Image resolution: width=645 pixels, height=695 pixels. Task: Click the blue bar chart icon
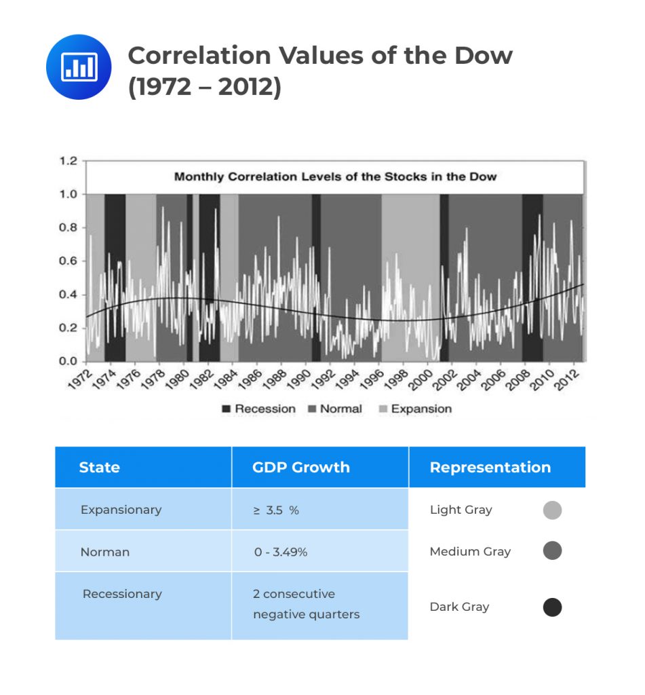(78, 67)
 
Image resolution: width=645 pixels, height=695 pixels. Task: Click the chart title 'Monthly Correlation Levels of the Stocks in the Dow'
(335, 177)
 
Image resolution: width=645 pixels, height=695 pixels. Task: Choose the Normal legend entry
(334, 409)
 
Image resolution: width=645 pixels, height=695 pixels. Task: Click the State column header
(99, 467)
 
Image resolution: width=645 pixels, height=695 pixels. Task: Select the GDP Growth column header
(300, 467)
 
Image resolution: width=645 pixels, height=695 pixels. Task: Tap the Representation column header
(490, 467)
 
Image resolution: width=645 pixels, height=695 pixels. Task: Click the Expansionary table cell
(121, 510)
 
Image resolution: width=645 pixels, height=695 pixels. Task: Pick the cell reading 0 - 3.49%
(281, 552)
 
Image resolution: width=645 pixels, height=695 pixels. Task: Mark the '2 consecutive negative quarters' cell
(306, 604)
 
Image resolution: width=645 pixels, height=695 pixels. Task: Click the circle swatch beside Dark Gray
(552, 607)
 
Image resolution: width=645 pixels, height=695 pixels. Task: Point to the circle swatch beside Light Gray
(552, 510)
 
